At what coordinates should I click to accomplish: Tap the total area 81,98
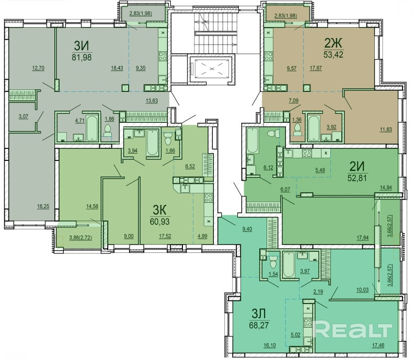82,57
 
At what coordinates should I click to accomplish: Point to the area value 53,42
333,55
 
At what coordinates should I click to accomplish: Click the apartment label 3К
160,211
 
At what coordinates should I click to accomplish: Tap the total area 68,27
259,325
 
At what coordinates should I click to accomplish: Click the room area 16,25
43,206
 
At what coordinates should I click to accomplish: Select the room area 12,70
38,68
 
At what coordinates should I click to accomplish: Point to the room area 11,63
386,130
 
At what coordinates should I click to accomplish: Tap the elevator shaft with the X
211,68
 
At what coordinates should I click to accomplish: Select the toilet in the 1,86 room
108,131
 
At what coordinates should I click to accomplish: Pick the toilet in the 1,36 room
297,130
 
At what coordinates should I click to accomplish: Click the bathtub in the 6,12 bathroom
252,141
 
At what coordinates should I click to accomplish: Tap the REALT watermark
353,329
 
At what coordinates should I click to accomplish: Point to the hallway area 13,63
152,100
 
